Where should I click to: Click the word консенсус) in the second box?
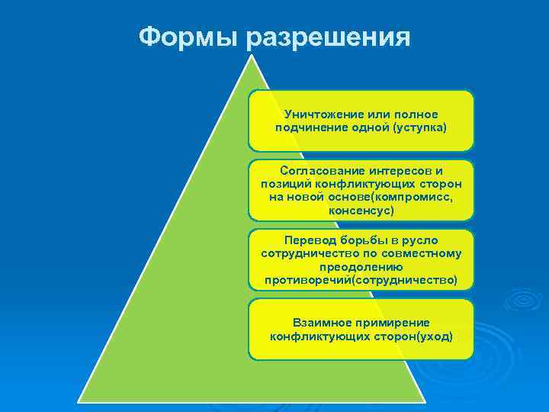361,209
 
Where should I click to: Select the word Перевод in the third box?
310,240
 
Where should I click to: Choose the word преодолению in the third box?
361,267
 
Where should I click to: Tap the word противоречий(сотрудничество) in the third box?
361,280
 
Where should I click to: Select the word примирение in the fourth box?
391,322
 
